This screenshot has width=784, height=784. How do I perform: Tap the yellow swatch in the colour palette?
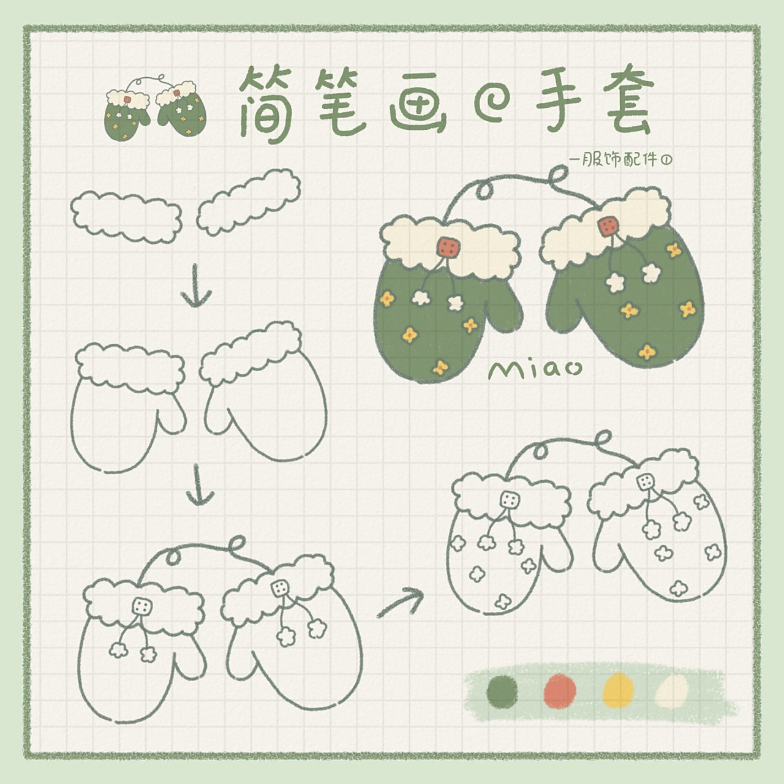(x=619, y=690)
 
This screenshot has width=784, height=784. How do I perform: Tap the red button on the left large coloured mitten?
(x=449, y=247)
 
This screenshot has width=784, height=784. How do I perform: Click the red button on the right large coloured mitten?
(x=608, y=225)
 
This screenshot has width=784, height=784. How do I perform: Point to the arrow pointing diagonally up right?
(x=401, y=603)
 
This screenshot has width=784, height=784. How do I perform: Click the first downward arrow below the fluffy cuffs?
(x=196, y=286)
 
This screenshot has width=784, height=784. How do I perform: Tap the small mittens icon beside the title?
(x=155, y=108)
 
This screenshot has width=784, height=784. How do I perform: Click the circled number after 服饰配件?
(x=666, y=160)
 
